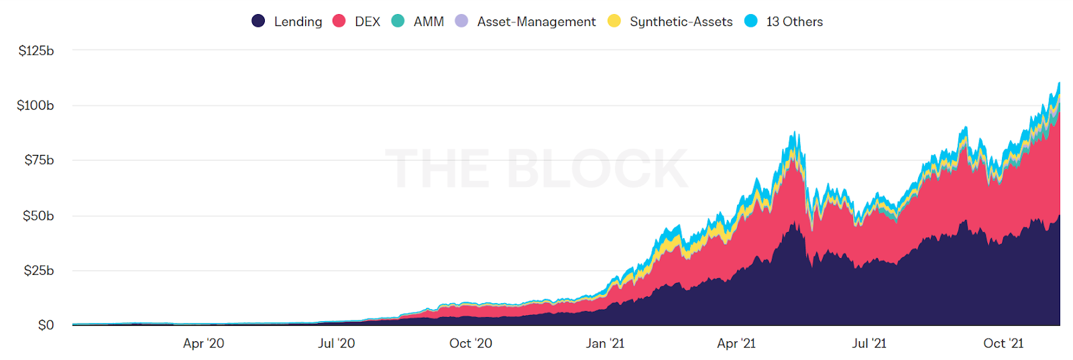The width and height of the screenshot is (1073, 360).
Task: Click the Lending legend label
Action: click(x=298, y=21)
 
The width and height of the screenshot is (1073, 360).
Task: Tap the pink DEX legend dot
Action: click(x=339, y=21)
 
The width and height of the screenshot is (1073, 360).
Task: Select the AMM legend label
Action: click(x=429, y=21)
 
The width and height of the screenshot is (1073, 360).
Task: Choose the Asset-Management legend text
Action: click(x=536, y=21)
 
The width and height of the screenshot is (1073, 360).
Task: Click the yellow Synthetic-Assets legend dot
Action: click(x=614, y=21)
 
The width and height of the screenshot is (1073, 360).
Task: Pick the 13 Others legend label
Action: click(x=794, y=21)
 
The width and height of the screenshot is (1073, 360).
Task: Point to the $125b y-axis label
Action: click(x=36, y=51)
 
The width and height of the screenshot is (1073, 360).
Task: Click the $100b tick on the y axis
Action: click(x=36, y=105)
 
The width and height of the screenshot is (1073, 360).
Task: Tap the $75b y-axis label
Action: click(x=39, y=160)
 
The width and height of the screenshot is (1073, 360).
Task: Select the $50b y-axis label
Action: click(x=38, y=216)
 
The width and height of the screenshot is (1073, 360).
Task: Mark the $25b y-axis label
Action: click(x=39, y=271)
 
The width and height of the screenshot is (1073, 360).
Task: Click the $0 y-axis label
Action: click(x=46, y=326)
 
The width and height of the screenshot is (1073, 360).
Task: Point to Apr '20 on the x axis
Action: click(x=203, y=343)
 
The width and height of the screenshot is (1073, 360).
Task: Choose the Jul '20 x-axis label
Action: click(x=336, y=343)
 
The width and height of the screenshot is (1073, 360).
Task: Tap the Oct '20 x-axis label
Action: click(x=470, y=343)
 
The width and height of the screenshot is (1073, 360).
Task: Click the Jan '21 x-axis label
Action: click(x=605, y=343)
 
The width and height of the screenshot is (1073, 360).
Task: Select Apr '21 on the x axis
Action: click(x=736, y=343)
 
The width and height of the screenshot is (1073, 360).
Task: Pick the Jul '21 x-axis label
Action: click(x=868, y=343)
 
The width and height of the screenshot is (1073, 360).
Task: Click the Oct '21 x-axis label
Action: click(x=1003, y=343)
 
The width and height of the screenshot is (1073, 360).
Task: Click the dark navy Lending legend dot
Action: click(x=258, y=21)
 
